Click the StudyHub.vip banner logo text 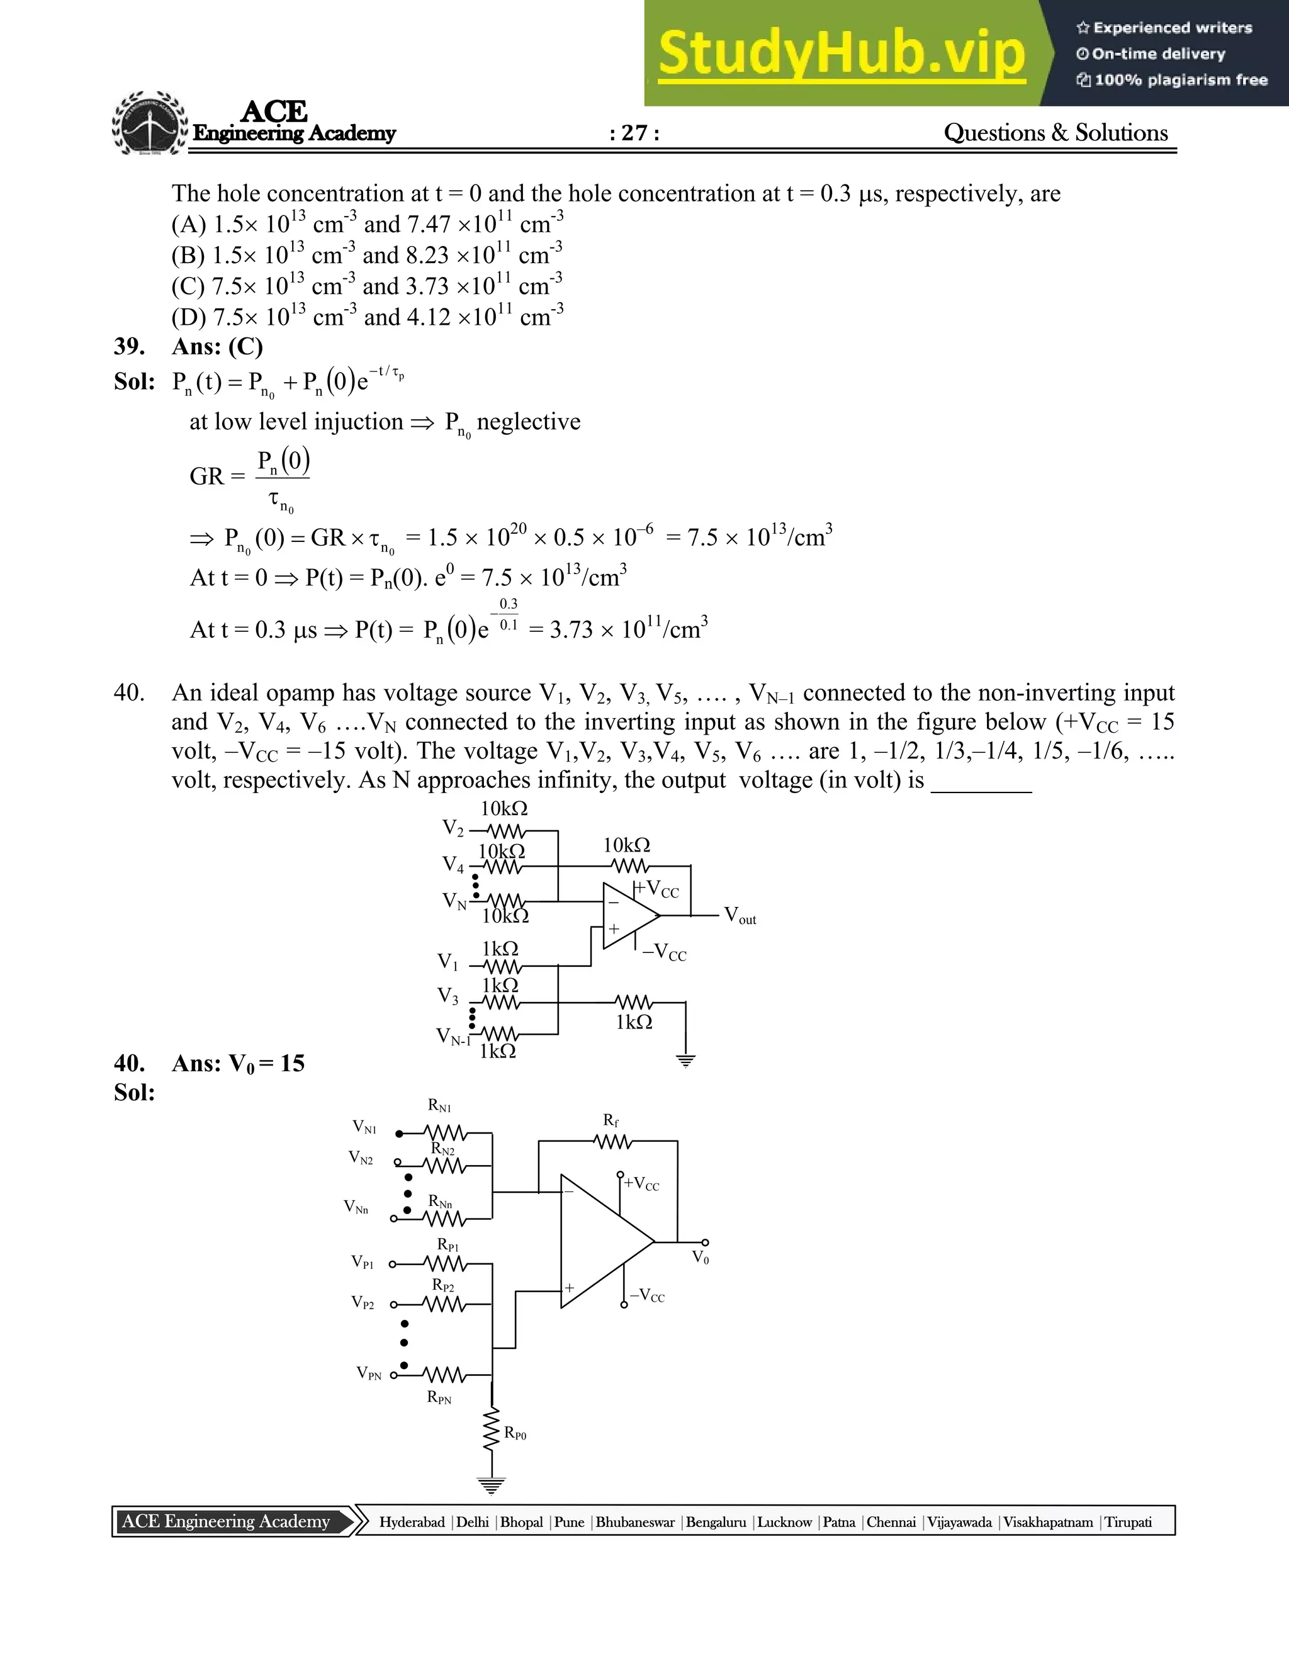click(x=842, y=54)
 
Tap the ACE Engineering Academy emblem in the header click(x=150, y=124)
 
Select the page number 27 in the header click(x=634, y=133)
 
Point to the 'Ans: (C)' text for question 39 click(x=218, y=347)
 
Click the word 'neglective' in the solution click(x=529, y=422)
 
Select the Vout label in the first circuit click(x=739, y=915)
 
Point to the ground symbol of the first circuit click(x=686, y=1060)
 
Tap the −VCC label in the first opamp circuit click(x=663, y=952)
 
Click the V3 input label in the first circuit click(x=448, y=996)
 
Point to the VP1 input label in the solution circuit click(x=363, y=1261)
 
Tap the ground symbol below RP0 click(x=491, y=1486)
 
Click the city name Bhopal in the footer click(x=522, y=1522)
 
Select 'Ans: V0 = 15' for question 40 click(x=239, y=1064)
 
